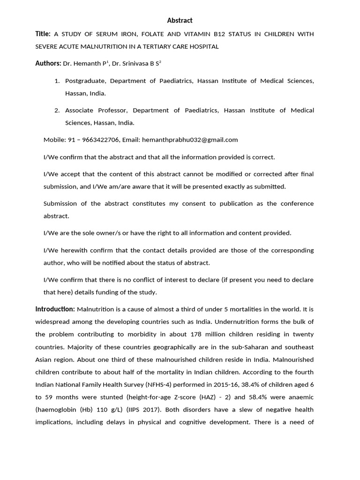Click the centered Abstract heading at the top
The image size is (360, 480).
click(x=180, y=20)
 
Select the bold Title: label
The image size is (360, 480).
click(x=43, y=34)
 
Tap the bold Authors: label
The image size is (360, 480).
click(x=48, y=63)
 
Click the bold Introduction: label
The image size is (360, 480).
click(x=55, y=309)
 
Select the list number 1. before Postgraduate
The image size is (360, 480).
click(x=57, y=81)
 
